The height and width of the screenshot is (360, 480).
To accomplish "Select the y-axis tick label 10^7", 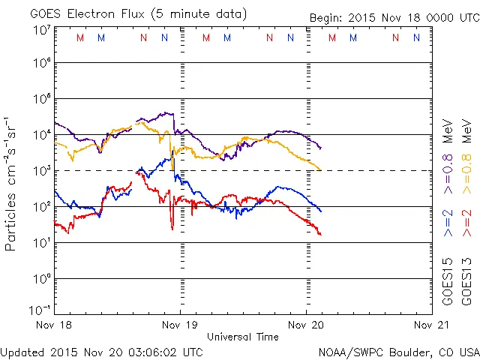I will [x=42, y=31].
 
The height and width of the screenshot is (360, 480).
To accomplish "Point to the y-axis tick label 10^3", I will [x=42, y=171].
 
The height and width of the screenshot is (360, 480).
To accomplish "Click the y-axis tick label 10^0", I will [x=42, y=279].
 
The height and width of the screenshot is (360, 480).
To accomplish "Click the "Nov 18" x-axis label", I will [x=54, y=325].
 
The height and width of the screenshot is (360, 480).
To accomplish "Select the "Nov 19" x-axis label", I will [x=180, y=325].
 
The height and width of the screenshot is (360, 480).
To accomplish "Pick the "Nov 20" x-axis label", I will [x=306, y=325].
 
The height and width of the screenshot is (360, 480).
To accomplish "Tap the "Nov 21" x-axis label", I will [x=432, y=325].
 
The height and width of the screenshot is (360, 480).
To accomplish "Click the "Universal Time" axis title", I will [x=242, y=337].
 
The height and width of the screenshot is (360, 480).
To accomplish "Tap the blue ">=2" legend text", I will [x=448, y=223].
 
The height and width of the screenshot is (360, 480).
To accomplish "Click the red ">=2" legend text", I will [x=466, y=223].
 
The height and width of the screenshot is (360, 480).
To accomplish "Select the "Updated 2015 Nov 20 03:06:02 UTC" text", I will [x=101, y=352].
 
